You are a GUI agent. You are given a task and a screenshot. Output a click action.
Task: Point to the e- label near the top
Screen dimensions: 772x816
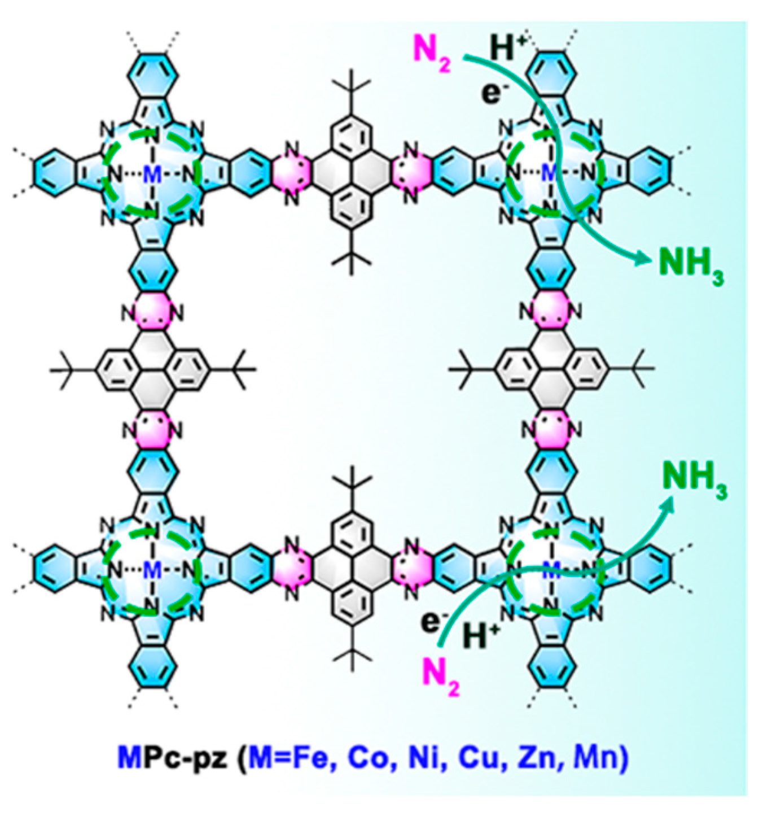point(492,94)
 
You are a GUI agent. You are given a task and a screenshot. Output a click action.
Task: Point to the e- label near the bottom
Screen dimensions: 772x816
point(433,622)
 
